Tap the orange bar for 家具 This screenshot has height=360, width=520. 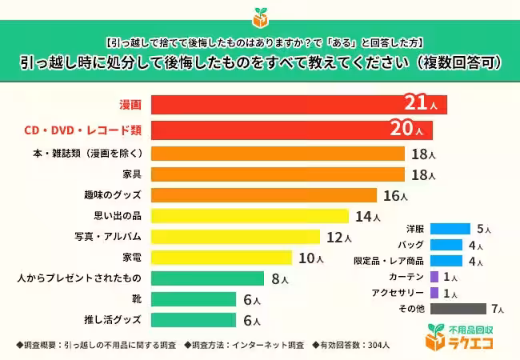click(x=277, y=174)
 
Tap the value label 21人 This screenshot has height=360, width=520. click(x=422, y=105)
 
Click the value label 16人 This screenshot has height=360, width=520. click(x=394, y=195)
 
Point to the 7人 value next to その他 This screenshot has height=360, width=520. click(x=498, y=309)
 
